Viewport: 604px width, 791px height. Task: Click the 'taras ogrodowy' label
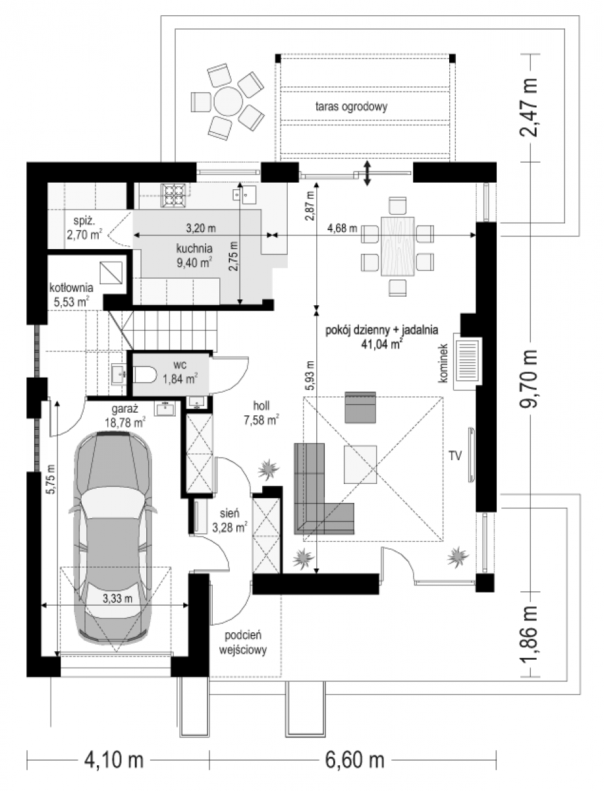point(351,107)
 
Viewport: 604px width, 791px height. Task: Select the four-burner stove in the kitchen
point(175,195)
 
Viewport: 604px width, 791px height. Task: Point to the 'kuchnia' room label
point(194,249)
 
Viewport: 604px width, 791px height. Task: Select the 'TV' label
point(455,456)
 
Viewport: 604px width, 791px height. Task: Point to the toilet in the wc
point(146,376)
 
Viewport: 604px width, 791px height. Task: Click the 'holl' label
point(261,406)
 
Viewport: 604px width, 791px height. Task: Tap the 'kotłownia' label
point(71,288)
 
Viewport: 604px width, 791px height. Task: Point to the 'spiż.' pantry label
point(84,221)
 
